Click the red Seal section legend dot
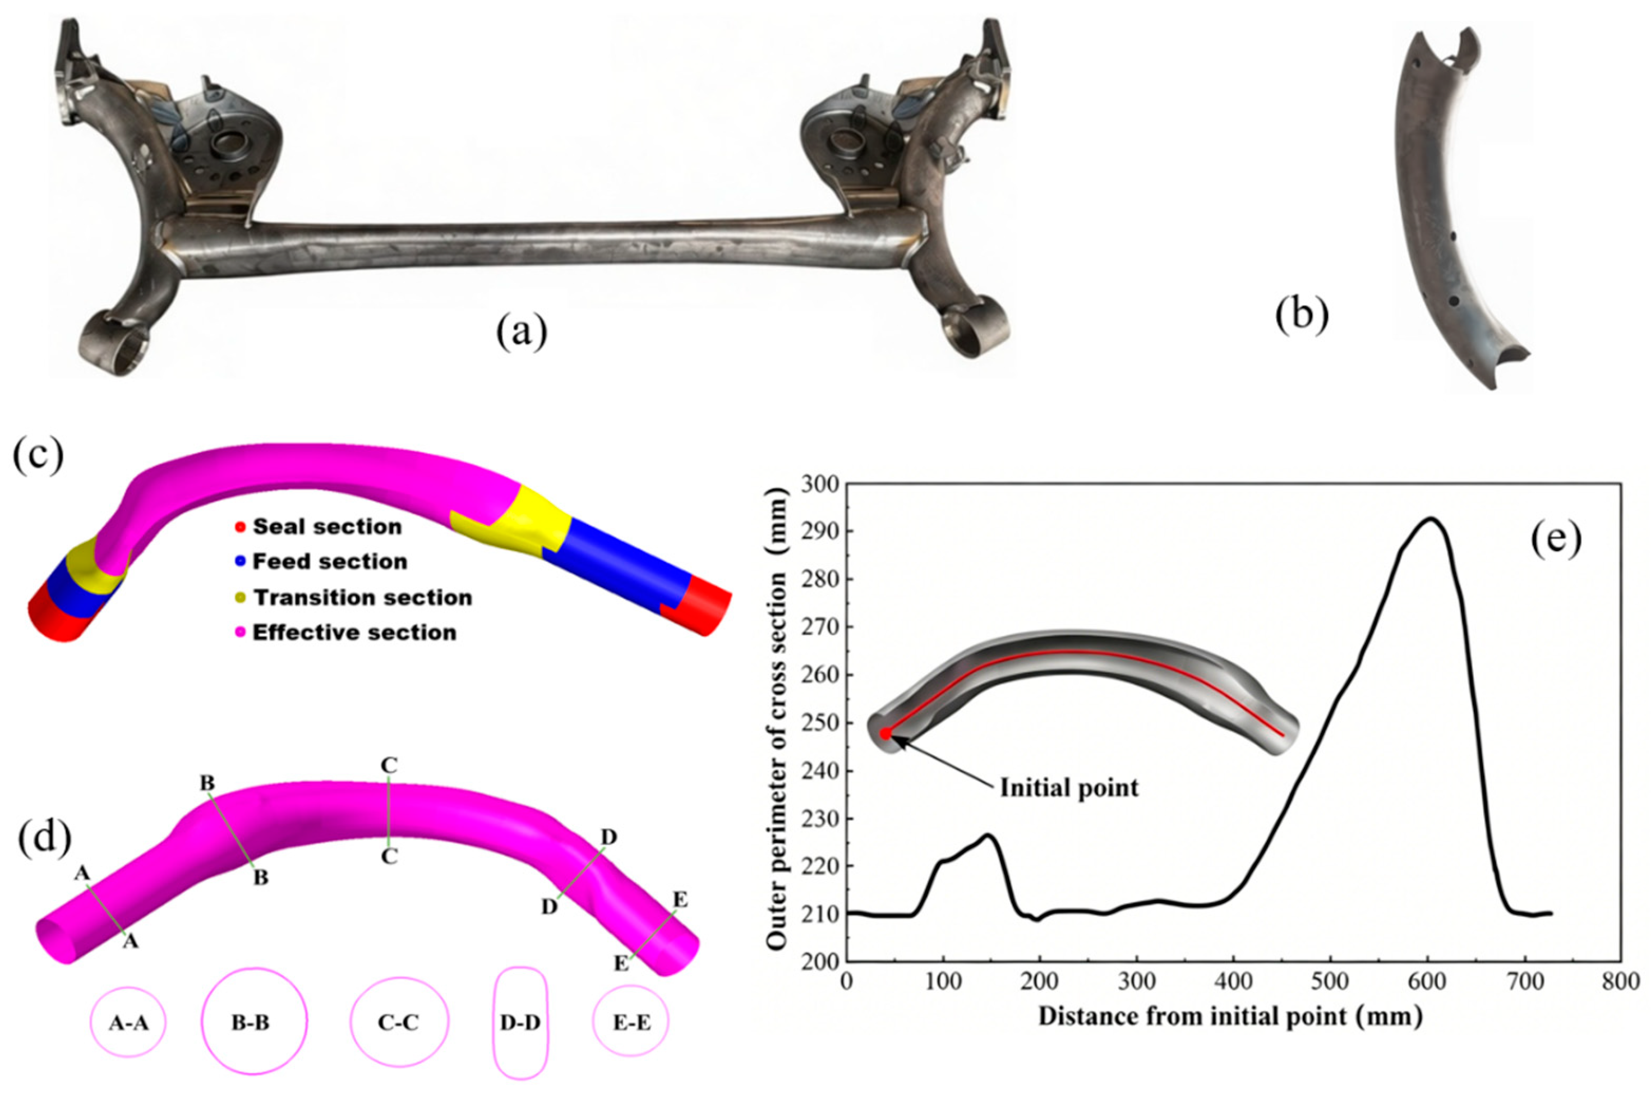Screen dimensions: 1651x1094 240,527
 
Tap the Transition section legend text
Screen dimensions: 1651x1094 362,597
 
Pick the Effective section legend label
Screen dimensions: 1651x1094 354,633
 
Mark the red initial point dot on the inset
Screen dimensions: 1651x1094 886,734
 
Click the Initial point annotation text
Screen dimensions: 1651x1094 1069,788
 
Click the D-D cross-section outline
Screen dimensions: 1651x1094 496,1022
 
